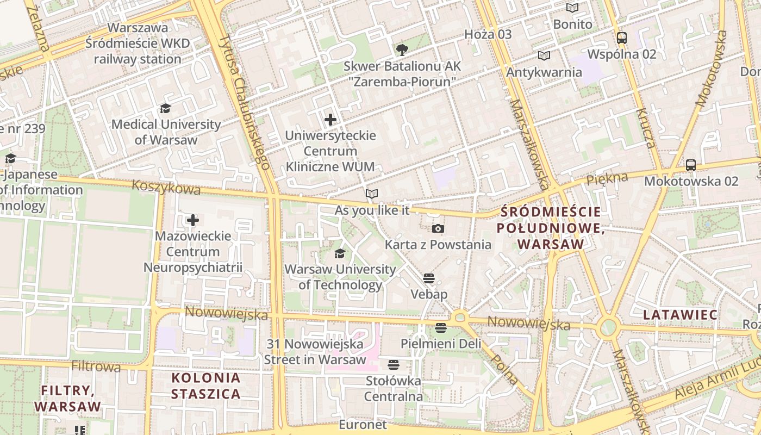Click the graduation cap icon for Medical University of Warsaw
165,109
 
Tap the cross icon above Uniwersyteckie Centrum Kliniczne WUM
330,120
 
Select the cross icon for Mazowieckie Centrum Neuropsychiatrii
193,220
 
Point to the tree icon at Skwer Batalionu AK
402,51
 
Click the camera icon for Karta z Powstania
438,229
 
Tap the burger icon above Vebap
429,279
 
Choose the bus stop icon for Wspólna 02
622,38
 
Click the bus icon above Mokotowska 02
691,165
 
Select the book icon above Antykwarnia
544,55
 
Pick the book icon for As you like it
372,194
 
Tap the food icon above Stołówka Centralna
394,364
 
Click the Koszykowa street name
166,187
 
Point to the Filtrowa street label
96,366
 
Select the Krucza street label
646,128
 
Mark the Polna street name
503,370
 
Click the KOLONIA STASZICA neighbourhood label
205,386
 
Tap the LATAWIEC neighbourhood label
680,315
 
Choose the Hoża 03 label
488,34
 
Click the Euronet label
363,425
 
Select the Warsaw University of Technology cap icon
340,253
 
